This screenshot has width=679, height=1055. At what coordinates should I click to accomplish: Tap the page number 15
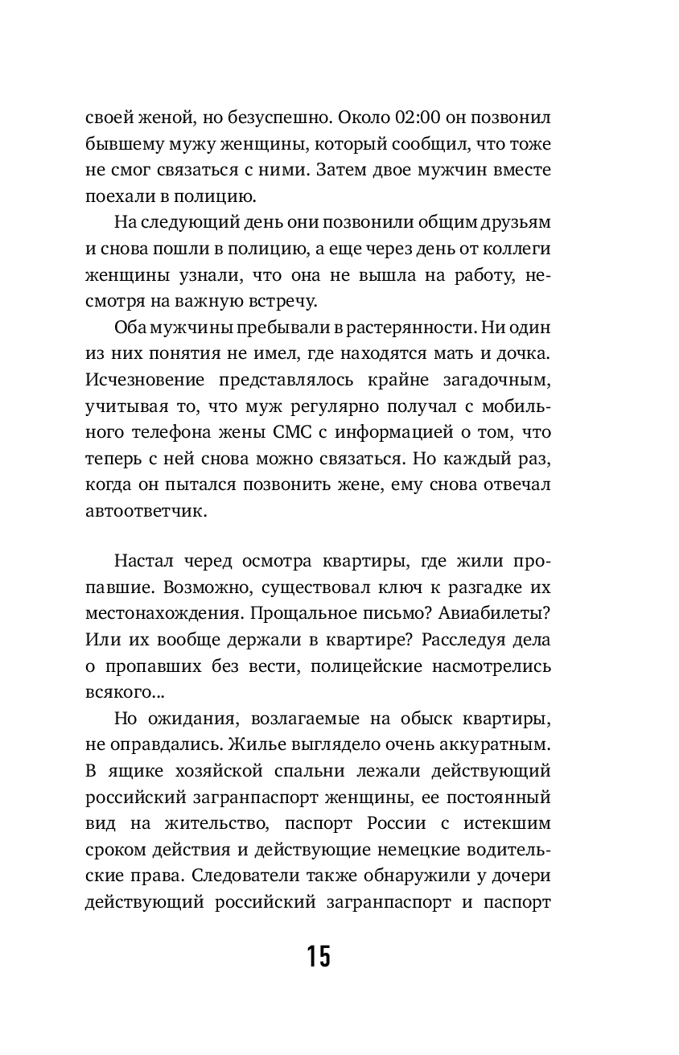coord(319,956)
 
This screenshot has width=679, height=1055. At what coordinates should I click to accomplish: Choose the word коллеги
coord(518,249)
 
